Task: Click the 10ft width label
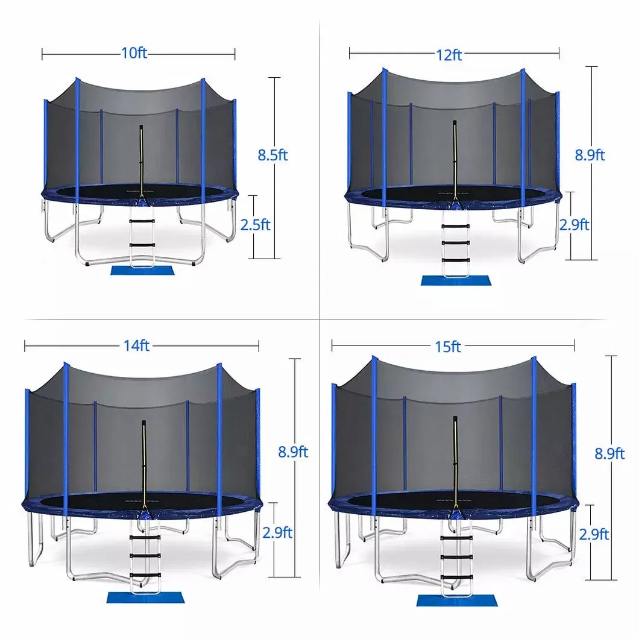(x=134, y=53)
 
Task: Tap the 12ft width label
(x=450, y=55)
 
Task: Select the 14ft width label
(x=137, y=345)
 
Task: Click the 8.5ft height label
(x=272, y=155)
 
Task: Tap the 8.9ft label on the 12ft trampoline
(x=590, y=155)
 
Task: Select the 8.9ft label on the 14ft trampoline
(x=293, y=452)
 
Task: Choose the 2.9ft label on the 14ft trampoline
(x=278, y=532)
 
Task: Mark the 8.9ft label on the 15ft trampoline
(x=609, y=453)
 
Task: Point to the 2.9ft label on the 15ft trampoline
(x=594, y=534)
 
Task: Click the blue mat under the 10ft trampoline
(x=133, y=268)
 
